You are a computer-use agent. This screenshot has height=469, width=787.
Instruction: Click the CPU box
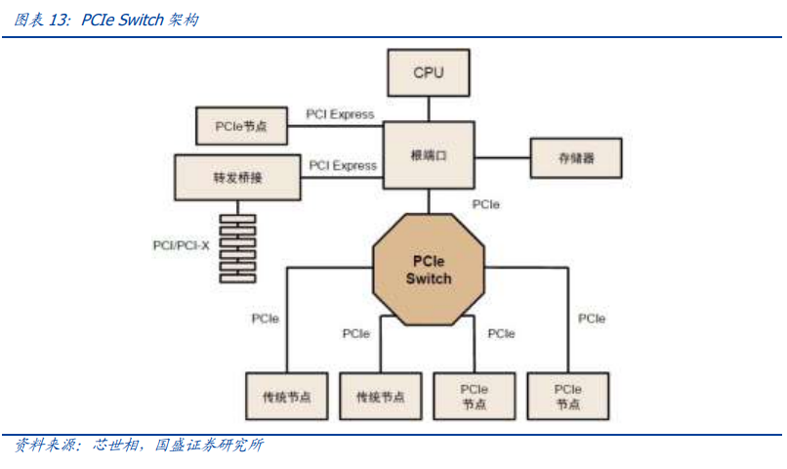(x=429, y=72)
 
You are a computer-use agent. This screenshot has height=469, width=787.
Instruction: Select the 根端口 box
(x=429, y=155)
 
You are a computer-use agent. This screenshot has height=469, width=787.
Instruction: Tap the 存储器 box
(x=576, y=157)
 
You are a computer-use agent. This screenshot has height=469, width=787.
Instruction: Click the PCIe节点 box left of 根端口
(x=240, y=126)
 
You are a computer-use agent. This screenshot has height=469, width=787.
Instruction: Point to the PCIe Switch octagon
(x=429, y=271)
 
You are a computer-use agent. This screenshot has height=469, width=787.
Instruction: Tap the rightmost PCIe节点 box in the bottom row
(x=568, y=397)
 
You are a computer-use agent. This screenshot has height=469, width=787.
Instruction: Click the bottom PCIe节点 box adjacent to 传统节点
(x=474, y=397)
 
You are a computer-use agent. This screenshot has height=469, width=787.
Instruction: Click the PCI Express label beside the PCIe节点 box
(x=340, y=114)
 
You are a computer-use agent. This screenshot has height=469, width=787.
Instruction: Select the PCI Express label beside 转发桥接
(x=342, y=165)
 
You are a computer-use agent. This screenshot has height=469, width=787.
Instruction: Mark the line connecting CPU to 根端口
(x=429, y=107)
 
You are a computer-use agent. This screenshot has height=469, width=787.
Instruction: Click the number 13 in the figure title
(x=59, y=20)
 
